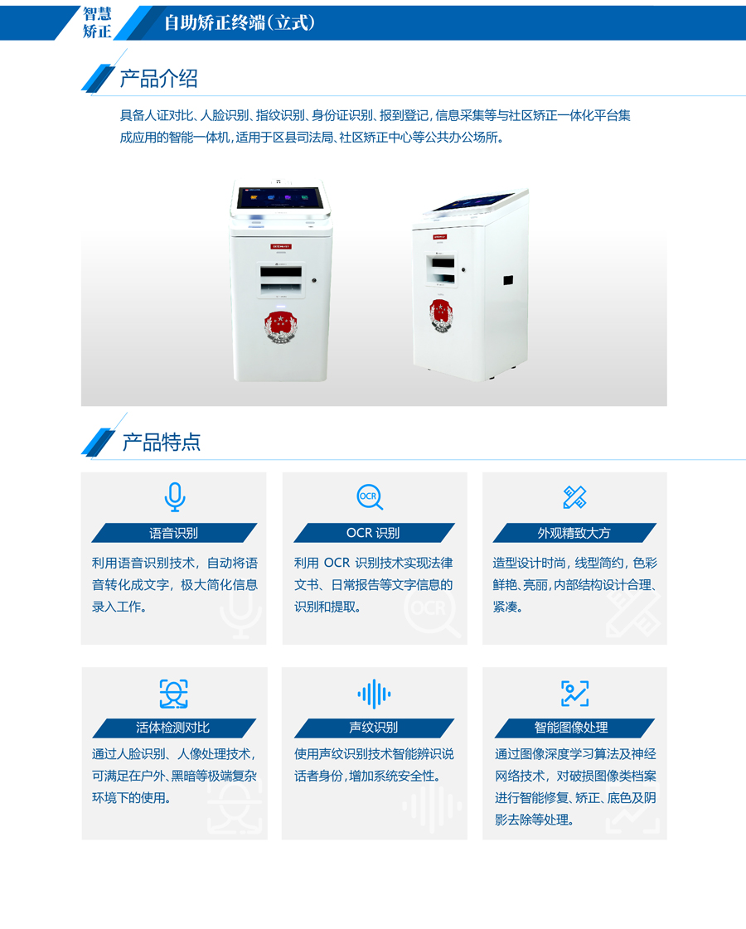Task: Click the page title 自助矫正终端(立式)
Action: (x=240, y=22)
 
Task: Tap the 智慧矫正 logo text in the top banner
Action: (x=97, y=22)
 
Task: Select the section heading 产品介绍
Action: (x=159, y=78)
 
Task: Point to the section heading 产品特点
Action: (x=161, y=442)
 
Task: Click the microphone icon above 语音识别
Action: (x=175, y=497)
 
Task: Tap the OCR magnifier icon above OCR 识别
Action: (x=370, y=497)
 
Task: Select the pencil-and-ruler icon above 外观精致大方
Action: (x=574, y=497)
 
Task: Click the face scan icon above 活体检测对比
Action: (x=173, y=694)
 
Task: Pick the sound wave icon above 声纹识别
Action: (x=374, y=694)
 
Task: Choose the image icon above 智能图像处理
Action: (x=574, y=694)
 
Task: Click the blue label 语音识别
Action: (x=174, y=533)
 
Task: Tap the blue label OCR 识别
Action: (x=374, y=533)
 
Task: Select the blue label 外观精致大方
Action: (x=574, y=533)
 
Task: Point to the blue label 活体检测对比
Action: (x=174, y=728)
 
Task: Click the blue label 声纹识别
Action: (x=374, y=728)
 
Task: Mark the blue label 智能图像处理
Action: (x=574, y=728)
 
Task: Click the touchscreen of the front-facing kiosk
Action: (x=279, y=198)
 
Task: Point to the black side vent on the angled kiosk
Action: (x=508, y=280)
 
